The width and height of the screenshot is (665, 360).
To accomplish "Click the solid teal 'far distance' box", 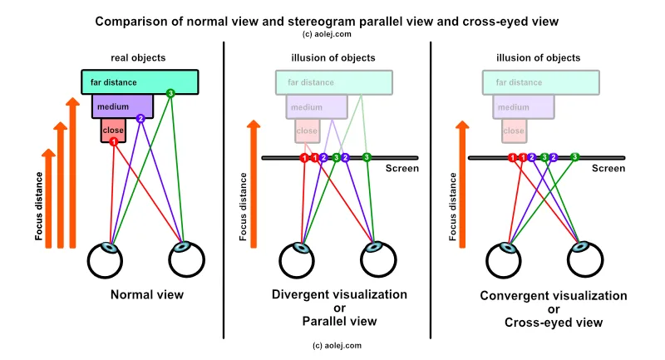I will click(x=140, y=81).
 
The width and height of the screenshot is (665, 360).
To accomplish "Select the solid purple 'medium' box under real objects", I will click(x=117, y=107).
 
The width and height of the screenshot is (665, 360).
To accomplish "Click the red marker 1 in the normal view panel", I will click(x=113, y=142).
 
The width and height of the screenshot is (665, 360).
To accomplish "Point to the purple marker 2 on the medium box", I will click(x=140, y=119).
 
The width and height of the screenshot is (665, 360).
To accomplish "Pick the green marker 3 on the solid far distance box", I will click(x=170, y=93).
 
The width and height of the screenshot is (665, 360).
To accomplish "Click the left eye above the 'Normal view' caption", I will click(x=111, y=260).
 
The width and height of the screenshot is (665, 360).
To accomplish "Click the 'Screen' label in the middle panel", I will click(x=402, y=169).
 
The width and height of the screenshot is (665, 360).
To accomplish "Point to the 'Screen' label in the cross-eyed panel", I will click(x=608, y=169).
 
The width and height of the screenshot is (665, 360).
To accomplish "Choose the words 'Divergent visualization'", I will click(x=339, y=294).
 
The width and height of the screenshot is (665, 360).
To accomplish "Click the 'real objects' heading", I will click(x=138, y=57).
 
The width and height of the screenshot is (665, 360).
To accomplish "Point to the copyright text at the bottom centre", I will click(x=337, y=345).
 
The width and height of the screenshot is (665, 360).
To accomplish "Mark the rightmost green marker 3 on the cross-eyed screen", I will click(x=574, y=156).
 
